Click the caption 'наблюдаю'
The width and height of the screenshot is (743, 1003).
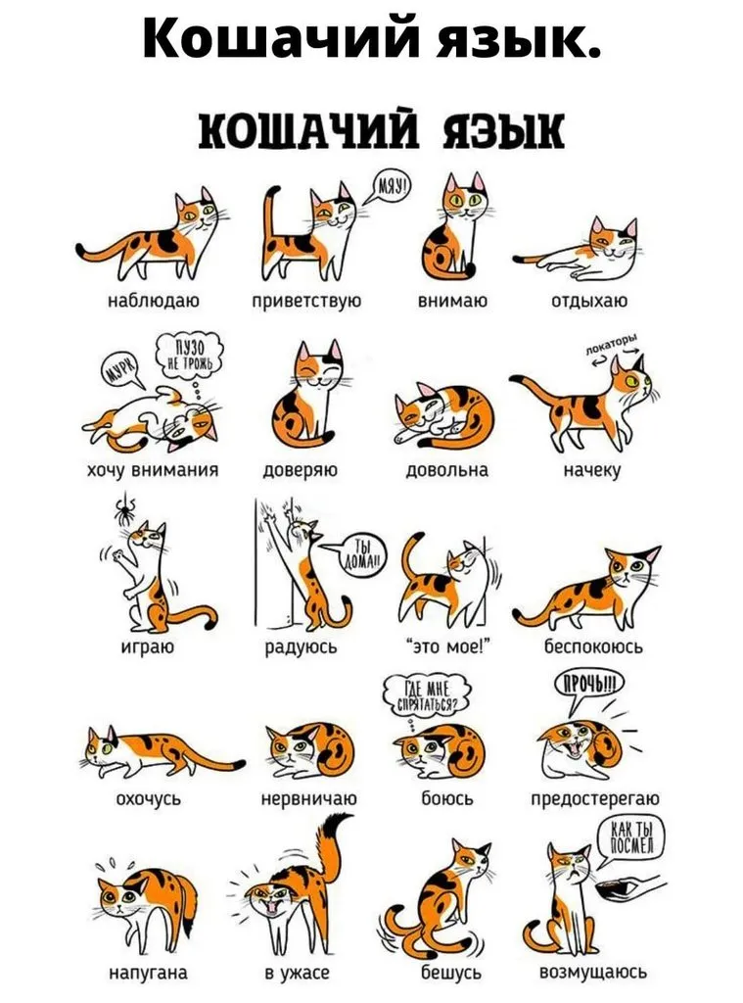click(x=153, y=301)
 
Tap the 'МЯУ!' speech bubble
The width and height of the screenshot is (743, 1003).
click(x=392, y=188)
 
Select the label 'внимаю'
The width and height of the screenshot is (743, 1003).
click(x=452, y=300)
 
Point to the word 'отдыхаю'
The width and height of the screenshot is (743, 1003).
click(x=589, y=301)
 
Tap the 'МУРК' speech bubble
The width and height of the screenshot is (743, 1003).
click(x=122, y=369)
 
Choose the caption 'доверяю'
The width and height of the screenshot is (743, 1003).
click(x=301, y=471)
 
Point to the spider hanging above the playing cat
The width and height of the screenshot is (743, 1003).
click(x=126, y=509)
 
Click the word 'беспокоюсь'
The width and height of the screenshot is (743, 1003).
click(x=593, y=646)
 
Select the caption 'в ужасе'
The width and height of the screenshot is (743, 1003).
click(x=298, y=973)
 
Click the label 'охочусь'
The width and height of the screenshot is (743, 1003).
click(x=149, y=799)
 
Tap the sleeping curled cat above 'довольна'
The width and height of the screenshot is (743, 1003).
click(x=443, y=415)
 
